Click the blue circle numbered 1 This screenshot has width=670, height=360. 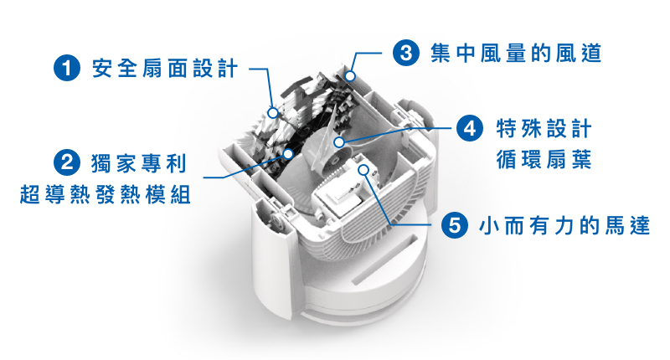67,68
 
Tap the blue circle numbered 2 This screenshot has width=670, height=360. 67,162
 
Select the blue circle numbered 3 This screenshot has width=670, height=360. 406,53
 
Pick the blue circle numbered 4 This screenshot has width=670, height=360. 470,128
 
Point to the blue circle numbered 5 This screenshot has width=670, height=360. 455,224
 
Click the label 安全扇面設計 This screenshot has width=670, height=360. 165,69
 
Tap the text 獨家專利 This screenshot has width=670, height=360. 139,163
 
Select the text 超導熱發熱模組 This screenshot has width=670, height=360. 106,195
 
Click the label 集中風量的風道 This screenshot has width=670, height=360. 516,53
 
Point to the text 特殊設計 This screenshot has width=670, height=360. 544,128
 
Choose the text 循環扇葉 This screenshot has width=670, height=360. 544,159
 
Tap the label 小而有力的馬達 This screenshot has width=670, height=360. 564,225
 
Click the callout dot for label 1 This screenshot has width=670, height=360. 273,113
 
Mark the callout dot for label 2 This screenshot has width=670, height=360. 288,153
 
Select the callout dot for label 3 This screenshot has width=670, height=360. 350,76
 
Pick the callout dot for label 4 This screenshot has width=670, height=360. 339,141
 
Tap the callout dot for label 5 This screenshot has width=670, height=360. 363,170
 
